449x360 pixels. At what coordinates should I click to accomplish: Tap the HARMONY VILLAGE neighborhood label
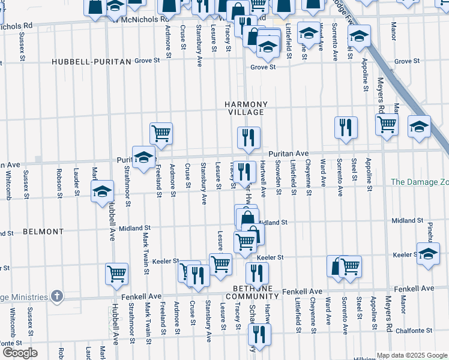(x=245, y=109)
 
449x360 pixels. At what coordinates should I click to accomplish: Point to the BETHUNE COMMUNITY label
(x=256, y=292)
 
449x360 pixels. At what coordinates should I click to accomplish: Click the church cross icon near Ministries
(x=56, y=296)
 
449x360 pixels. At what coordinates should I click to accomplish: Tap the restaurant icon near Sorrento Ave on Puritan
(x=346, y=127)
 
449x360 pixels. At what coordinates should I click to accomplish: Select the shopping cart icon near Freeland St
(x=161, y=133)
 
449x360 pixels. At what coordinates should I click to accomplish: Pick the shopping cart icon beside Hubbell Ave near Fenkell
(x=116, y=273)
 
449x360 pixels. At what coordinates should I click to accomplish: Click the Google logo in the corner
(x=20, y=353)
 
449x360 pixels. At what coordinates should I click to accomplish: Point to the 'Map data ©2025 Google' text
(x=411, y=355)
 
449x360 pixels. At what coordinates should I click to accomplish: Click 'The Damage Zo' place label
(x=420, y=181)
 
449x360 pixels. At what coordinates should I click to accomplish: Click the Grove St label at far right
(x=407, y=61)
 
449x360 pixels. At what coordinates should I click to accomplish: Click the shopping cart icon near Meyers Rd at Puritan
(x=387, y=124)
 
